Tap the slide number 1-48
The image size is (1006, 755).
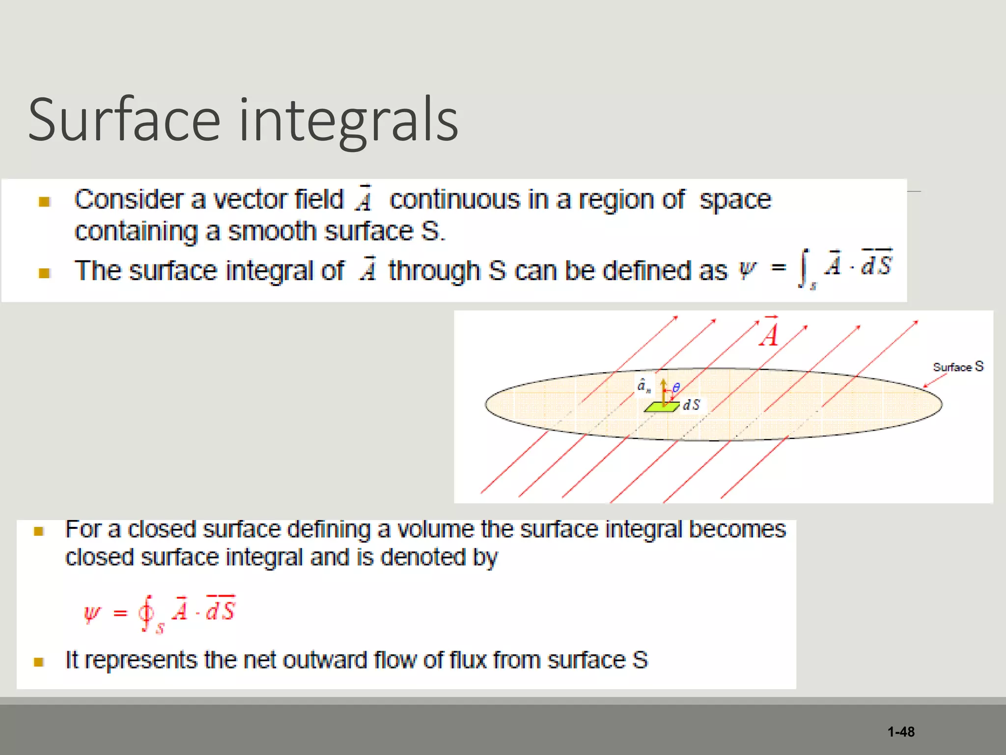[901, 732]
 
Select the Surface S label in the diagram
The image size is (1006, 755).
[958, 367]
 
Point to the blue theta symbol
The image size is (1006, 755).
[676, 388]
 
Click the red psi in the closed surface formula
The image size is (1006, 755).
[92, 613]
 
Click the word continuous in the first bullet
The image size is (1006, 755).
[454, 200]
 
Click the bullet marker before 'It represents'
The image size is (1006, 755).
[39, 662]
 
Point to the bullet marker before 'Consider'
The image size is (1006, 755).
[44, 202]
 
